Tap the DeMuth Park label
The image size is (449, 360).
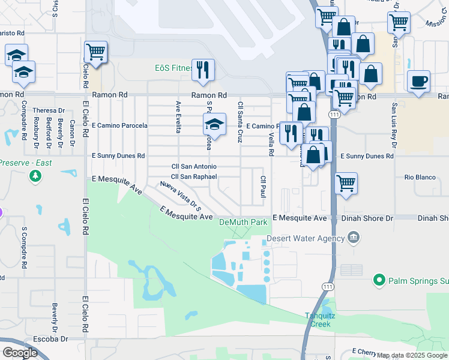click(243, 223)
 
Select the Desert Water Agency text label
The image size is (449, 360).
click(306, 238)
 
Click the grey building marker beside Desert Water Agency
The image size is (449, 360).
click(354, 238)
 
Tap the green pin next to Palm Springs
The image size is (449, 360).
click(379, 280)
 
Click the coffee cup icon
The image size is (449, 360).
click(418, 80)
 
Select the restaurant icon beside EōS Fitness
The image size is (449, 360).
click(203, 70)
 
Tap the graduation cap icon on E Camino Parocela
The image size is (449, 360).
click(214, 124)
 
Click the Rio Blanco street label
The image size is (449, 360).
click(418, 177)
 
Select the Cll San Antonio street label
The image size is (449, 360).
click(194, 166)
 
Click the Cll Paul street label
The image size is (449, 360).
click(263, 187)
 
